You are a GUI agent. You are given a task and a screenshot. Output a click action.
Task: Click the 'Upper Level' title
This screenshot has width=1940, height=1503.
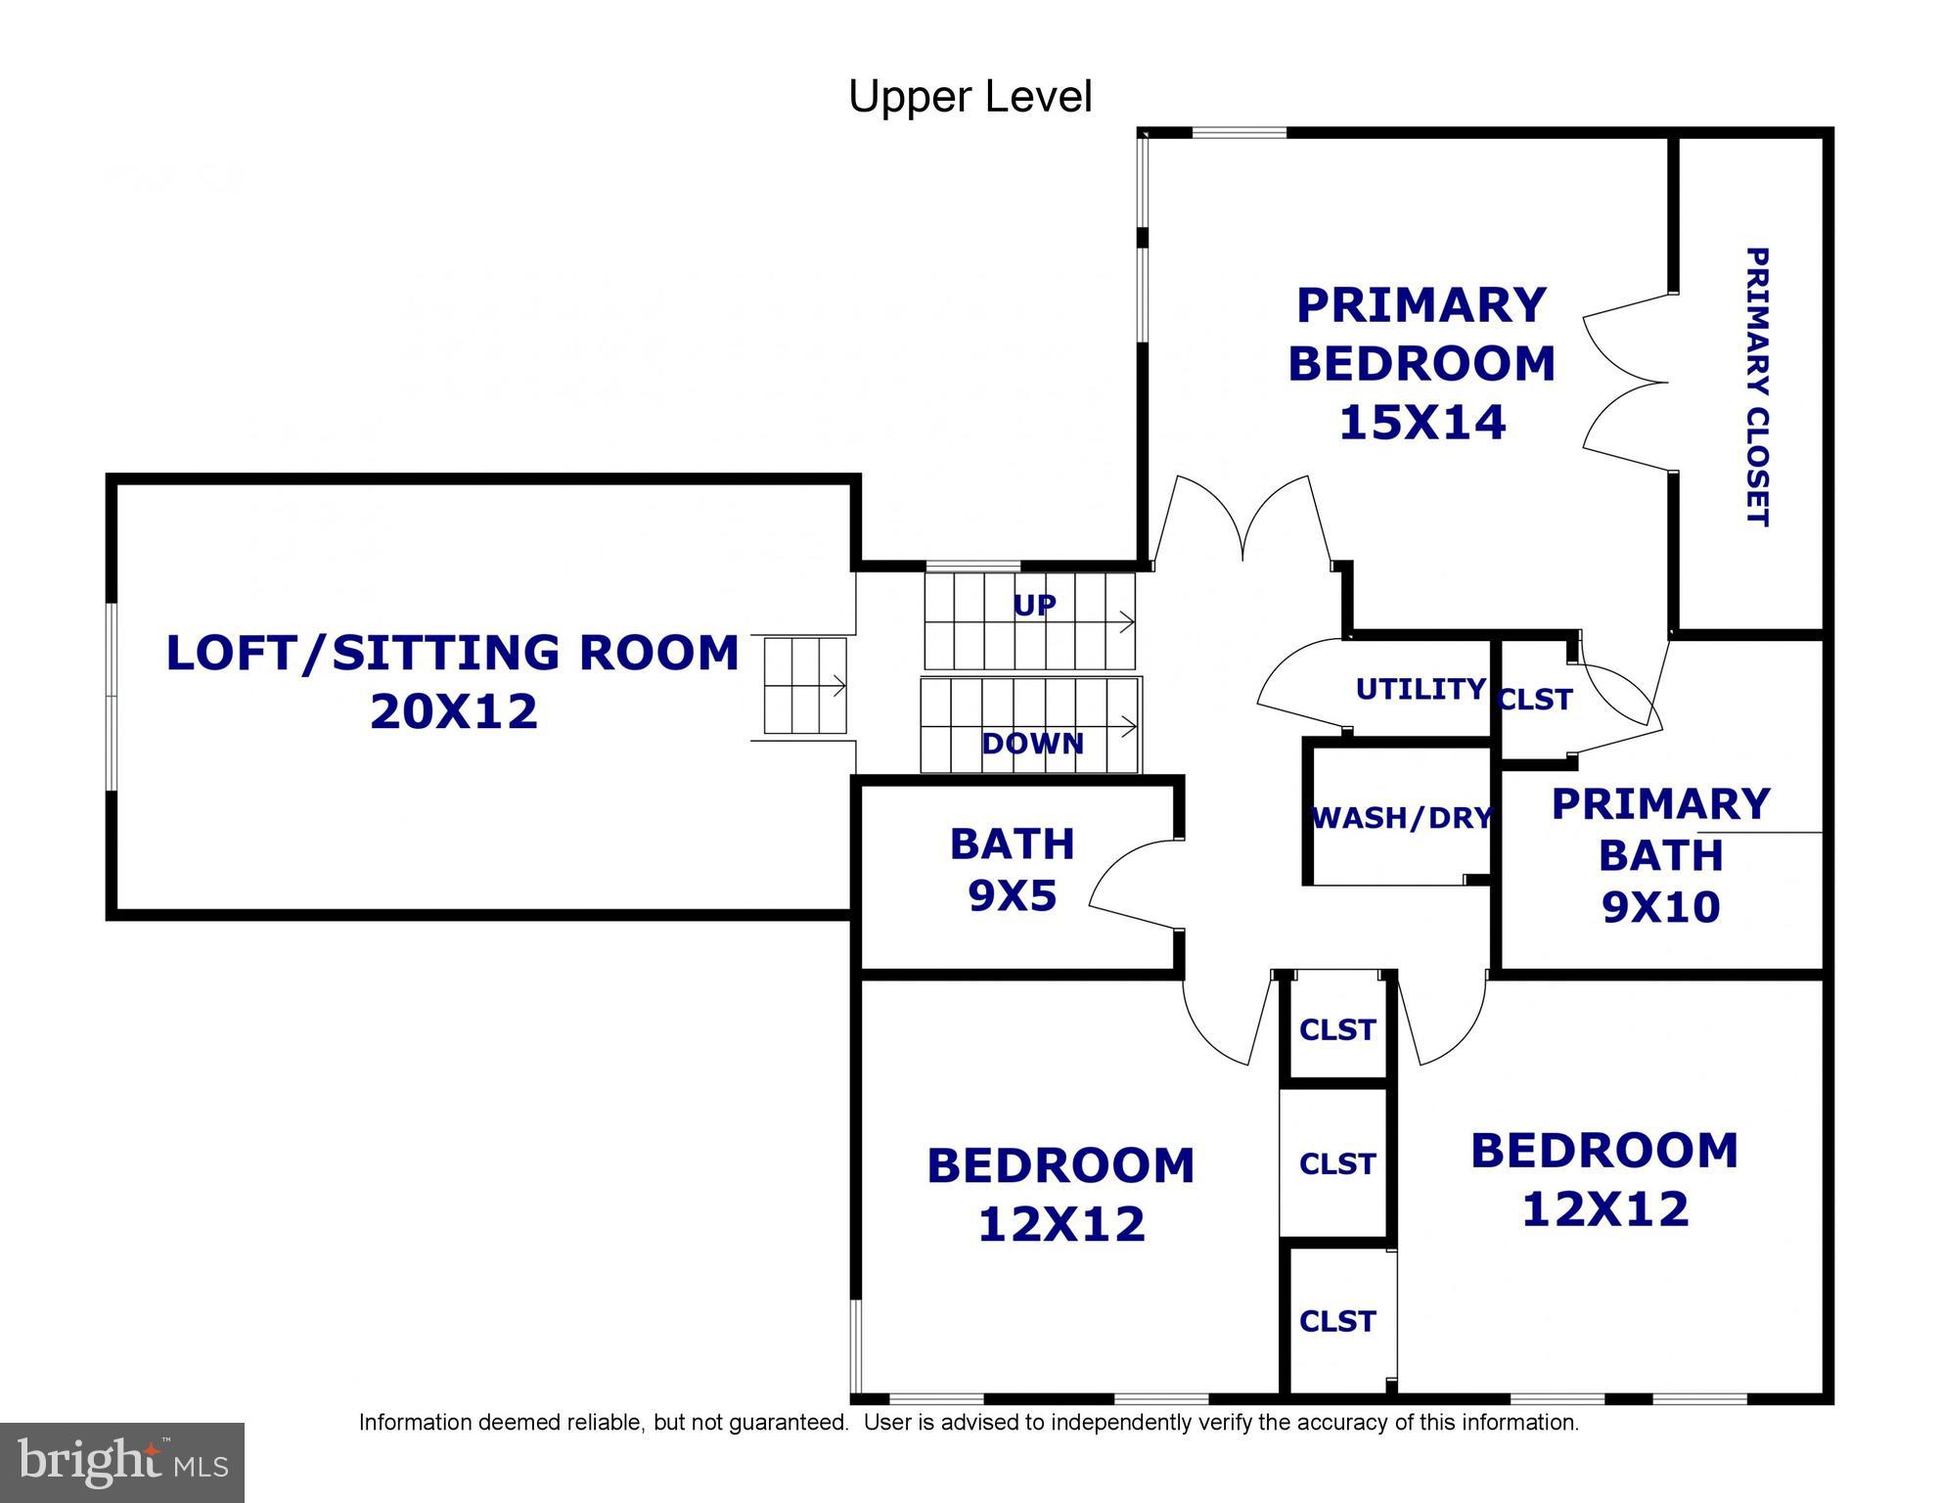coord(970,97)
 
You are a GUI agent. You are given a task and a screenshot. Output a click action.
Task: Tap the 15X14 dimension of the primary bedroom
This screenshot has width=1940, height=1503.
coord(1421,423)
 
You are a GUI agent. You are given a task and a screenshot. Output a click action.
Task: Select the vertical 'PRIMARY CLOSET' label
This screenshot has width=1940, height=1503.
coord(1757,387)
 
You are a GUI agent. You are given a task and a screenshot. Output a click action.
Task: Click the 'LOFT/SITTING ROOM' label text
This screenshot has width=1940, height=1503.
coord(452,654)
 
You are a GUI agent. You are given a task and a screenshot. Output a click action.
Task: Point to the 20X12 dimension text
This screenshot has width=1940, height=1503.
coord(454,711)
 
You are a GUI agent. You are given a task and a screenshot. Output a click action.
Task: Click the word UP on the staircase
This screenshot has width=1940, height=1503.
coord(1034,606)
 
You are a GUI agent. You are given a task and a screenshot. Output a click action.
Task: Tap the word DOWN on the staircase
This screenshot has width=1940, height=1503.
coord(1032,744)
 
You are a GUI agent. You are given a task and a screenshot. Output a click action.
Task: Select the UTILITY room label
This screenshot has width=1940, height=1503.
coord(1421,689)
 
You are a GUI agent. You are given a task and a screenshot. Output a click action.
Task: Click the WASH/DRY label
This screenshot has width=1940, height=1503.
coord(1401,817)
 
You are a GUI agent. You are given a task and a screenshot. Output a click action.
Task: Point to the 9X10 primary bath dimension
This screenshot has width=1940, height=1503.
coord(1660,907)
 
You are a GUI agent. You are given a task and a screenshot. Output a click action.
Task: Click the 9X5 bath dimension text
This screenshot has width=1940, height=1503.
coord(1013,895)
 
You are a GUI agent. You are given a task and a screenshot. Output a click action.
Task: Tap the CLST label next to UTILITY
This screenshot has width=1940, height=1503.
coord(1535,700)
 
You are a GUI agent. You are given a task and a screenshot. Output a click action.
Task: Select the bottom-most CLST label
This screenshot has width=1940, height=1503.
coord(1337,1321)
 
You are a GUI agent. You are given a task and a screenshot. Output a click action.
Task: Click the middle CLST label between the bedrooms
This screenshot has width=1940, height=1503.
coord(1337,1163)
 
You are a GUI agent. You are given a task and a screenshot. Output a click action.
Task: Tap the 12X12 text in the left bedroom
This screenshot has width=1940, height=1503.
coord(1061,1224)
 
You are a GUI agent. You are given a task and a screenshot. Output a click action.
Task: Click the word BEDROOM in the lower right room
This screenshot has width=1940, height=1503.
coord(1604,1151)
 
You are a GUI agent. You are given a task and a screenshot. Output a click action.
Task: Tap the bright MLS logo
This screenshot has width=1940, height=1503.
coord(122,1462)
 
